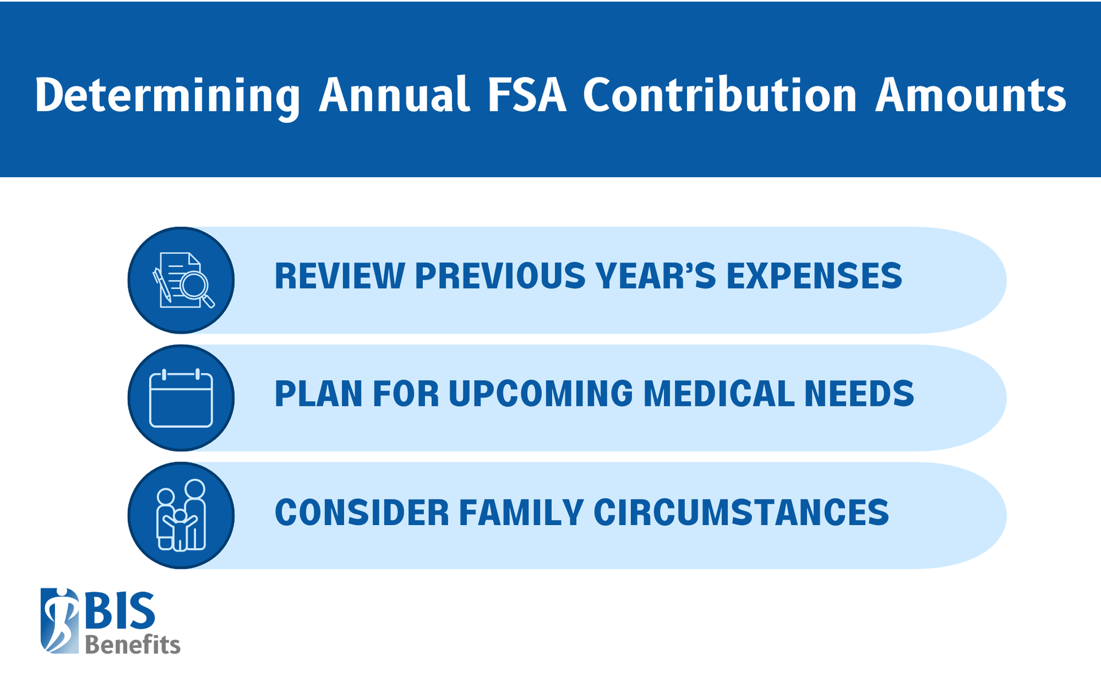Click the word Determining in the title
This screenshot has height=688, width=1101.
[x=167, y=96]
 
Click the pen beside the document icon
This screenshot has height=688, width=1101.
[x=162, y=284]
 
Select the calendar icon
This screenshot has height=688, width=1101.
[x=181, y=398]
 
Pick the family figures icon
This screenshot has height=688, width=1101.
[x=181, y=515]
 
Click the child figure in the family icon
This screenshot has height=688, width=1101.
[x=181, y=530]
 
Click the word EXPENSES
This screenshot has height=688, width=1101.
[x=814, y=276]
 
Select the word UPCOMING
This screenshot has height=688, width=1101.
[x=541, y=394]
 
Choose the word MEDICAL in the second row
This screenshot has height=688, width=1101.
[x=719, y=394]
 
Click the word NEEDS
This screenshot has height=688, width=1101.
[x=858, y=394]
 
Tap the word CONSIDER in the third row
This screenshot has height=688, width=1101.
[x=362, y=513]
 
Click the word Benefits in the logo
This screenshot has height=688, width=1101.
[x=132, y=645]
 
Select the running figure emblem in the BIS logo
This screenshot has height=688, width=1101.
[x=60, y=621]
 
